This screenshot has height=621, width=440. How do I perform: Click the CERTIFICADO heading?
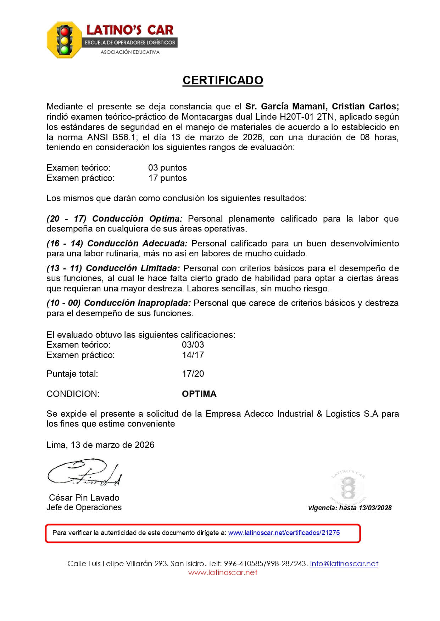223,80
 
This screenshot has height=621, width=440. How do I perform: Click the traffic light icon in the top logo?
65,39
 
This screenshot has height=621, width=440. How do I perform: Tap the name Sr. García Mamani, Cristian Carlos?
322,107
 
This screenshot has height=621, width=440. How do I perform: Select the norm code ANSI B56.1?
112,137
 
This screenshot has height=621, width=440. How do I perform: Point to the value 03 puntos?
167,168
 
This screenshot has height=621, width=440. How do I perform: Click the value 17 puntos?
167,178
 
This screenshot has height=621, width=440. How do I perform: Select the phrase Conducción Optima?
137,219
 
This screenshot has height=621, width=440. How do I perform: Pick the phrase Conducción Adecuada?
137,244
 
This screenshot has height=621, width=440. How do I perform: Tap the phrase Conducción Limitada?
133,268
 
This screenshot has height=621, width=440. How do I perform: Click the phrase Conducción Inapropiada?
138,303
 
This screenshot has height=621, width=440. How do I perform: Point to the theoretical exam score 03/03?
193,345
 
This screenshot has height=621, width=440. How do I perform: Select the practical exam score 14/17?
193,355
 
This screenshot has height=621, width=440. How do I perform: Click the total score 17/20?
193,374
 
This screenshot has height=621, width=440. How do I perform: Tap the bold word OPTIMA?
199,394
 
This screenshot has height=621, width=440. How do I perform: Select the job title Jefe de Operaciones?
84,508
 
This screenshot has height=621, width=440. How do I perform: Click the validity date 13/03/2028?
375,508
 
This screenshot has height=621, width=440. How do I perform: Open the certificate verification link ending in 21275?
284,533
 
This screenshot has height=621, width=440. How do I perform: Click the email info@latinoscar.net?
344,564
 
